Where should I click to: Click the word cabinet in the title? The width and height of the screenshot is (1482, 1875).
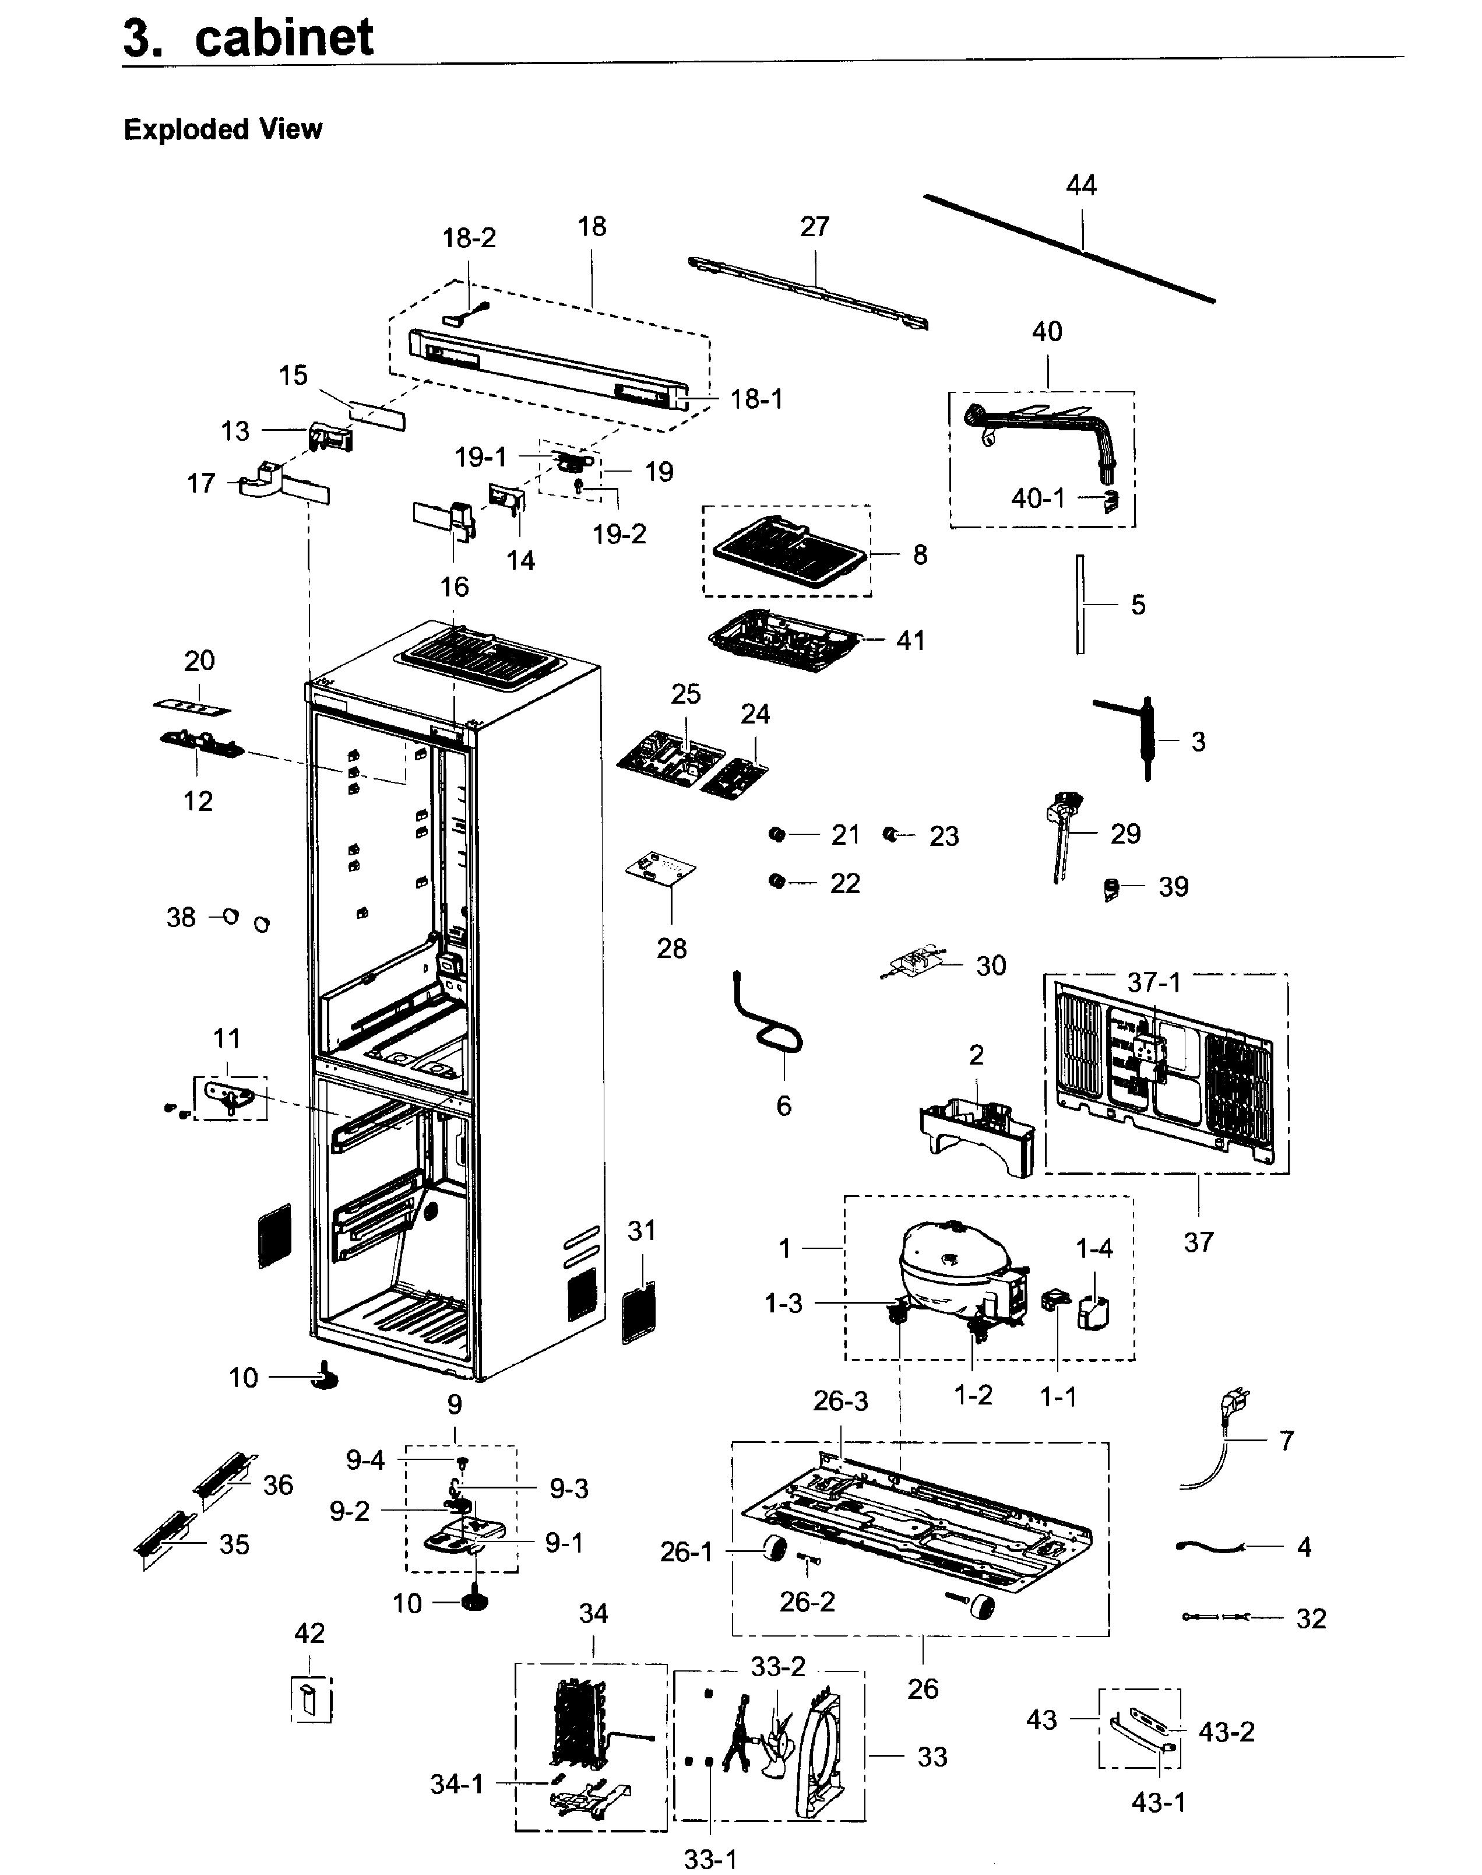coord(284,38)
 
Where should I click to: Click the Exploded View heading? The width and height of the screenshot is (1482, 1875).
coord(223,129)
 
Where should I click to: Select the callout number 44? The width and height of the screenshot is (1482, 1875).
coord(1080,185)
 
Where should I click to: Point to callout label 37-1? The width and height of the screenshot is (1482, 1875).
coord(1153,982)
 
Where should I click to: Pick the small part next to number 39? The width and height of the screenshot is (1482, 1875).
coord(1111,890)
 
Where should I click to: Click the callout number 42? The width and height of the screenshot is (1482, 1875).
coord(309,1633)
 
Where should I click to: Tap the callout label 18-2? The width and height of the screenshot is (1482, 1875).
coord(469,238)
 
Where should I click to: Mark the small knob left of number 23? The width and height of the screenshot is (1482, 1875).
coord(889,834)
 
